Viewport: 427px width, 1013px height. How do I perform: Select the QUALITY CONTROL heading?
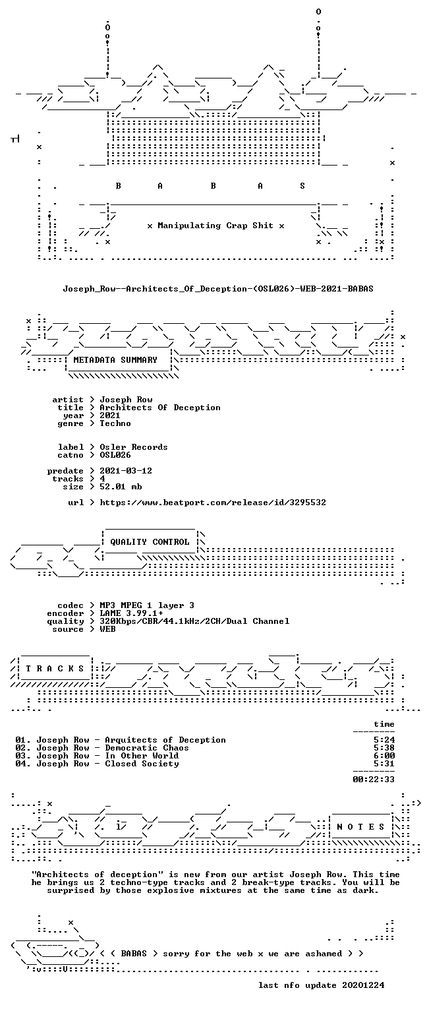(150, 541)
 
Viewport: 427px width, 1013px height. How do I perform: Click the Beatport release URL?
(213, 503)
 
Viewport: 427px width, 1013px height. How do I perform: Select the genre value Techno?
(115, 423)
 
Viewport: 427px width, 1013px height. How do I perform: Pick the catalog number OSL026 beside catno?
(115, 455)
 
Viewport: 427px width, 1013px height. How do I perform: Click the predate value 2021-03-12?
(126, 471)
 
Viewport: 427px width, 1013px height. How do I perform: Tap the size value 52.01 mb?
(121, 487)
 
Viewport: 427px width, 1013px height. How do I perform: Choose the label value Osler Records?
(134, 447)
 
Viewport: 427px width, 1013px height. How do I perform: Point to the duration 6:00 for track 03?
(384, 756)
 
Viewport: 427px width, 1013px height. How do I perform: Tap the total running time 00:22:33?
(374, 779)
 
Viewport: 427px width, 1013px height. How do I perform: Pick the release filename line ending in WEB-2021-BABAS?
(218, 288)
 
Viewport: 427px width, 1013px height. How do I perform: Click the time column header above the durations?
(384, 724)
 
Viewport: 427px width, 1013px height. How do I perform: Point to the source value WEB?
(107, 629)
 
